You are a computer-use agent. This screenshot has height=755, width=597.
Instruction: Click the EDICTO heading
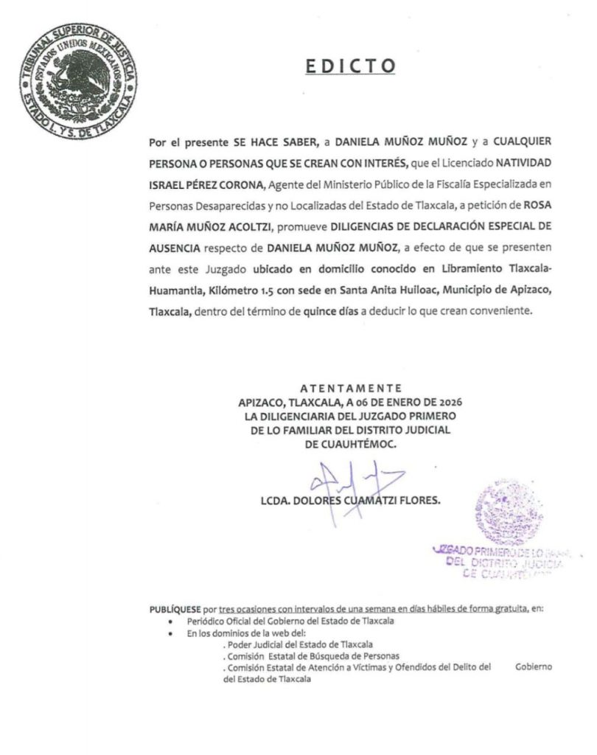tap(351, 66)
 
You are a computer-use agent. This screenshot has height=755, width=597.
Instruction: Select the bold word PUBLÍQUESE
tap(175, 608)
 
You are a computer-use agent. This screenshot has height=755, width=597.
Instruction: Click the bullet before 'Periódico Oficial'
tap(170, 622)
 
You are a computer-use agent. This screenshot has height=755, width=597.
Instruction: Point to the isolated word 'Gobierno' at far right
tap(534, 667)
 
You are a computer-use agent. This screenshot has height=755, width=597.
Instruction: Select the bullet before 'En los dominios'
tap(170, 633)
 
